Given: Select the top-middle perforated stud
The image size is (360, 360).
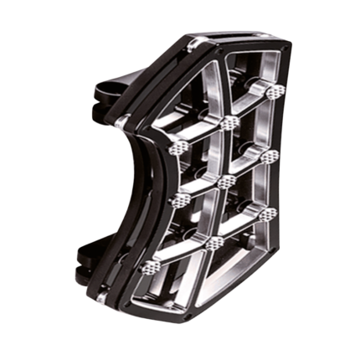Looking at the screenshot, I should tap(229, 122).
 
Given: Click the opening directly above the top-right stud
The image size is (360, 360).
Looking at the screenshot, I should tap(264, 67).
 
